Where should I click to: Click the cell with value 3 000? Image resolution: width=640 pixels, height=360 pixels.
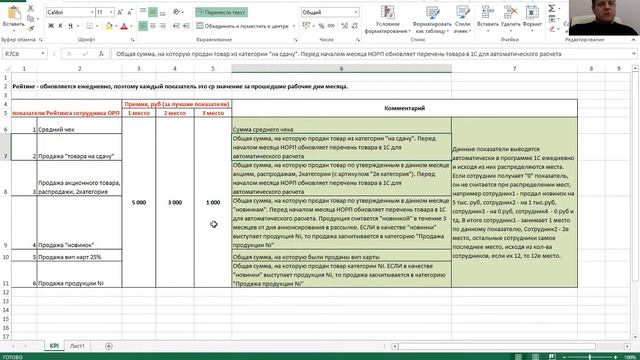click(x=175, y=202)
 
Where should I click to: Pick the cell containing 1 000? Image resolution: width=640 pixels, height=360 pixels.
click(x=212, y=202)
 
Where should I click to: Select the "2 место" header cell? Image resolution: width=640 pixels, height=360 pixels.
click(x=175, y=113)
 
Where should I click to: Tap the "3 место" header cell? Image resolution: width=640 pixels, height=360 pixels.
click(x=212, y=113)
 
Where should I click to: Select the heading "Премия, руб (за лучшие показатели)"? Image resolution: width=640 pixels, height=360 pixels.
click(x=175, y=103)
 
